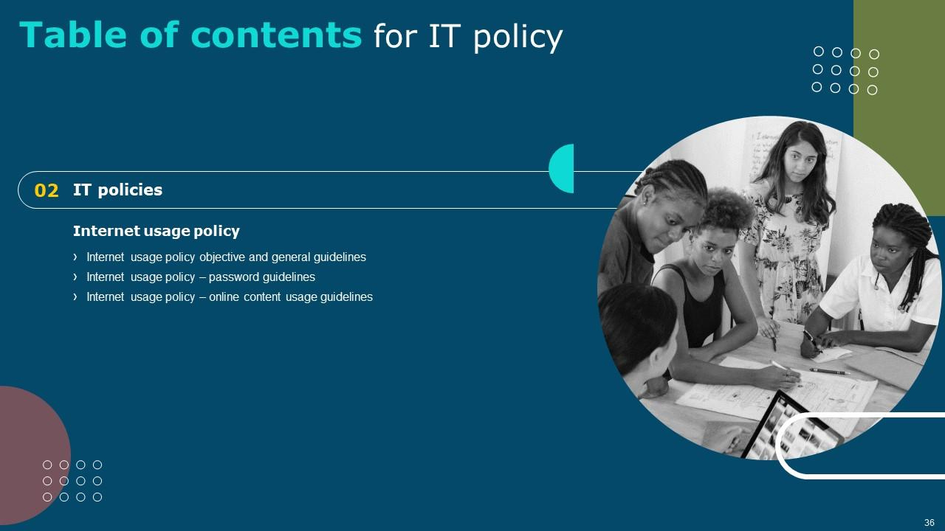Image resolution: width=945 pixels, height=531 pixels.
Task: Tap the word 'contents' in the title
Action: coord(276,35)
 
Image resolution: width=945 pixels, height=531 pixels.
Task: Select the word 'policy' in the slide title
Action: coord(518,38)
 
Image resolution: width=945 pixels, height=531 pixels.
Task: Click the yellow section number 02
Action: coord(47,190)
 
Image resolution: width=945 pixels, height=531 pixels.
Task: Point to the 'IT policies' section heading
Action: coord(117,190)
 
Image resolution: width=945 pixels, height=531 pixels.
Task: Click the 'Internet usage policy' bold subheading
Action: coord(156,231)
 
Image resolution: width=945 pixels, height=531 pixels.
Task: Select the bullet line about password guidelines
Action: coord(201,277)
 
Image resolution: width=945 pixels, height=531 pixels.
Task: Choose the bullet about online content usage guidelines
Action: coord(230,296)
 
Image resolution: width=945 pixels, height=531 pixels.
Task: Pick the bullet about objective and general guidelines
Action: coord(226,257)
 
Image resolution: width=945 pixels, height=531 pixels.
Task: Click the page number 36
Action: coord(929,523)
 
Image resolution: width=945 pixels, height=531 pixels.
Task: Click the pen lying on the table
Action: coord(830,371)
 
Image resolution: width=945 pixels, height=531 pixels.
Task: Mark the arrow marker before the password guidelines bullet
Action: coord(75,277)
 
